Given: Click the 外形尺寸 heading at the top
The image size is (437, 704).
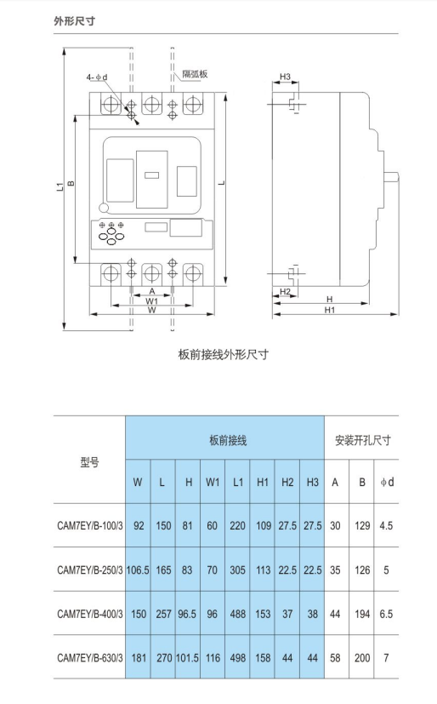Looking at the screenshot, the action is click(x=75, y=20).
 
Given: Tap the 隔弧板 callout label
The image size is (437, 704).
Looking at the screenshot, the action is click(x=195, y=74).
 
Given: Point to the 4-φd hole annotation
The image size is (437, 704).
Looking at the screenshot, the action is click(x=97, y=77).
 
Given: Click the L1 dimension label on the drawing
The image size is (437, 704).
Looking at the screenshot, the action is click(x=60, y=186).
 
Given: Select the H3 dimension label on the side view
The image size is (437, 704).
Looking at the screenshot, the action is click(x=285, y=77).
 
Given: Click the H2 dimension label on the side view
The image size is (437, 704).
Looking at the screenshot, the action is click(x=285, y=291).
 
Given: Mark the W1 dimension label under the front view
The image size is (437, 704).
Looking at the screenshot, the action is click(x=152, y=300).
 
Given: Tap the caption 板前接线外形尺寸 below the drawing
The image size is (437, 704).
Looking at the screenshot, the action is click(x=224, y=354).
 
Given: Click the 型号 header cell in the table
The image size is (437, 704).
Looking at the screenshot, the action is click(x=89, y=461).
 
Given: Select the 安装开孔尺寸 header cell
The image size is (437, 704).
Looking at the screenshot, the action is click(x=362, y=440).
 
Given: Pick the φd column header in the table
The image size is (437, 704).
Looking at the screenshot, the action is click(x=387, y=482).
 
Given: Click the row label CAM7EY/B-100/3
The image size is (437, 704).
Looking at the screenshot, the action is click(x=89, y=525).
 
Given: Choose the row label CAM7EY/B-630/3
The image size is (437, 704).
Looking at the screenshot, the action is click(x=89, y=658).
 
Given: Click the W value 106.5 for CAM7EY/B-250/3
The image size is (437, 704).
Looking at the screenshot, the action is click(x=138, y=569).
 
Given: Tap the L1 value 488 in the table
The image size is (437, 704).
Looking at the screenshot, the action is click(x=237, y=614).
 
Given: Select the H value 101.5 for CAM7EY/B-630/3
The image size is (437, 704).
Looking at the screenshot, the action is click(x=187, y=658).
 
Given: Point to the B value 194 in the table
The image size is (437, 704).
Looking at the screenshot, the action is click(x=362, y=614).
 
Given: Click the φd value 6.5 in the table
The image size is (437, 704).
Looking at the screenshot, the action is click(x=386, y=614).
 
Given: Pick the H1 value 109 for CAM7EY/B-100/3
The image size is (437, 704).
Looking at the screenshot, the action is click(x=263, y=525).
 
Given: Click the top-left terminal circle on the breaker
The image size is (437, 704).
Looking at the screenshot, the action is click(x=111, y=105).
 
